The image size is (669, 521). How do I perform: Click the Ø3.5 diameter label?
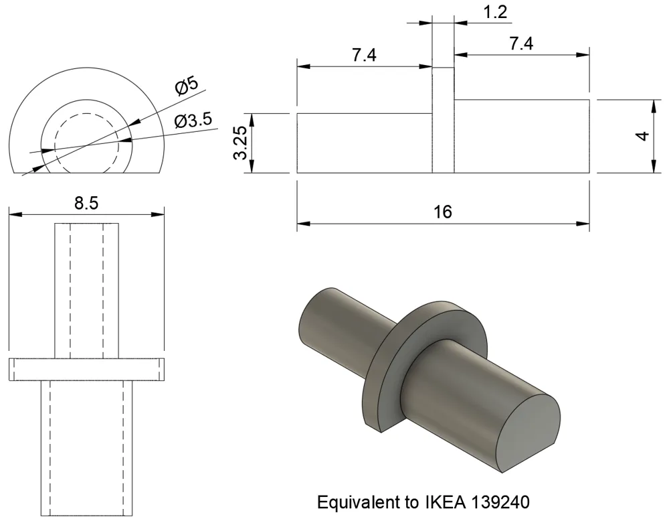click(193, 121)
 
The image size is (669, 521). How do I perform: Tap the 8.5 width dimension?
click(86, 204)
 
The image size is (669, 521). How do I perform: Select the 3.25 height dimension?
click(242, 143)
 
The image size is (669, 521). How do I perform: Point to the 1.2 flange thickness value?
click(495, 12)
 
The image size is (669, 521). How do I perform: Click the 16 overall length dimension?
click(442, 212)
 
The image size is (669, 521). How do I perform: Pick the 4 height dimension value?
click(642, 136)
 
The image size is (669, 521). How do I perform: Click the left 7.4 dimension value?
click(365, 55)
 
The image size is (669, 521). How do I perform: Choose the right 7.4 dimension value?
click(521, 44)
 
